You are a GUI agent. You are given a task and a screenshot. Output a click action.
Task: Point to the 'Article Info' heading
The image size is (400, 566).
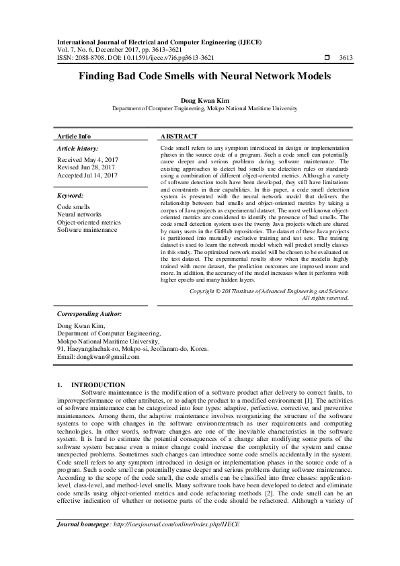(74, 135)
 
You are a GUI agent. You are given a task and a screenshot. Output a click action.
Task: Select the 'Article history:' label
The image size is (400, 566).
(78, 148)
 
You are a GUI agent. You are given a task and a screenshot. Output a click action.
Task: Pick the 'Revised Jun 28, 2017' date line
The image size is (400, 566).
(85, 168)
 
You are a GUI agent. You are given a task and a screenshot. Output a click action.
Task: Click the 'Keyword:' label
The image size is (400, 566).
(70, 194)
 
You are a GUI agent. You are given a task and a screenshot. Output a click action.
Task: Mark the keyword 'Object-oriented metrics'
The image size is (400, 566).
(89, 222)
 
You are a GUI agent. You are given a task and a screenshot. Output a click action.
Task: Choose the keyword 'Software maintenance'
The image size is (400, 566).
(87, 230)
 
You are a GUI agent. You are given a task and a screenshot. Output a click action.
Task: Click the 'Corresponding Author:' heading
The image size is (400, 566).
(89, 313)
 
